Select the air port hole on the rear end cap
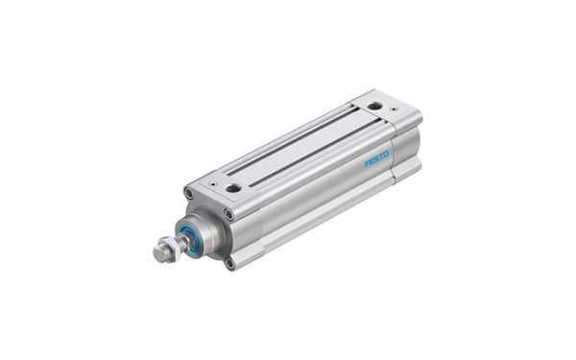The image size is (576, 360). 374,107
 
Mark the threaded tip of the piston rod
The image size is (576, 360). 156,255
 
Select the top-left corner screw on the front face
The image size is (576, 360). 189,194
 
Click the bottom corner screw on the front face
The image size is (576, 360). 229,260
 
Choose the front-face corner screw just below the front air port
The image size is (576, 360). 228,214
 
